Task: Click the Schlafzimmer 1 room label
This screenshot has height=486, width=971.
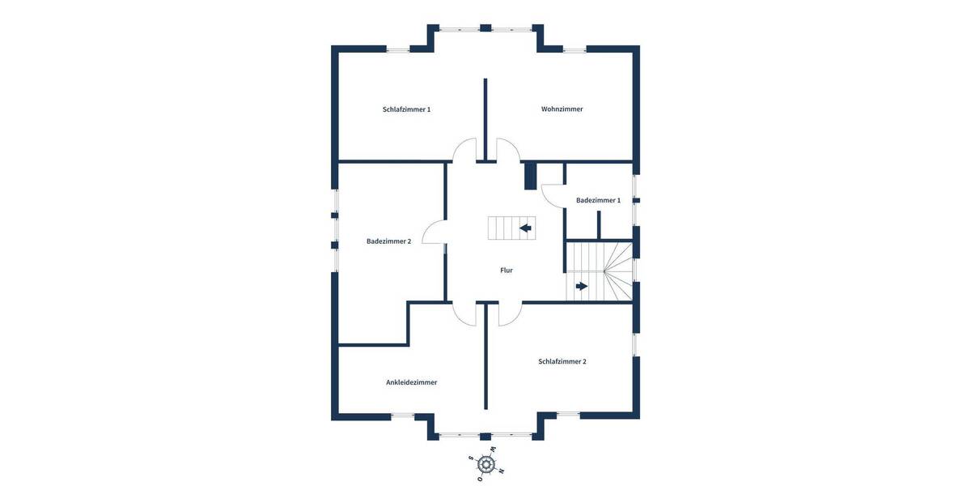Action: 406,109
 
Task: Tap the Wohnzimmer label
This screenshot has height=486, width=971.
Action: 562,109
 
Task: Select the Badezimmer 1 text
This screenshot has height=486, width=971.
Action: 598,200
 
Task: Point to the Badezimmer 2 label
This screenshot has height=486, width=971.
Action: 388,241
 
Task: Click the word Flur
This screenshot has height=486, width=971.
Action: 507,271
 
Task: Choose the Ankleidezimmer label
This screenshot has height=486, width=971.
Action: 411,382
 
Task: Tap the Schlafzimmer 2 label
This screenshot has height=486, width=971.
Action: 562,361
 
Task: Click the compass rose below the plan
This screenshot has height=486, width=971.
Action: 485,464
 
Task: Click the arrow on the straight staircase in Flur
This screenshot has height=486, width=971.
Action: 526,228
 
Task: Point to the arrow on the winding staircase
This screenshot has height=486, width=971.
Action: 582,286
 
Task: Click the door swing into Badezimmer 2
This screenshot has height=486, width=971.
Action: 434,233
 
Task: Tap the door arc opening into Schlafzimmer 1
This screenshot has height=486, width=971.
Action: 464,150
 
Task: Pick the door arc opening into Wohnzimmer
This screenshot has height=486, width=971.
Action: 507,150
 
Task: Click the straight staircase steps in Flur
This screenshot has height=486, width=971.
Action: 502,228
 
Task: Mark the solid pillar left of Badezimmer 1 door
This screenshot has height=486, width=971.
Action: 531,176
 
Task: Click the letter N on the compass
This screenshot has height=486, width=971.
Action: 501,471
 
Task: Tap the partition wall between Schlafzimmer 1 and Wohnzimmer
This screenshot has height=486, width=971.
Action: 485,117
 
